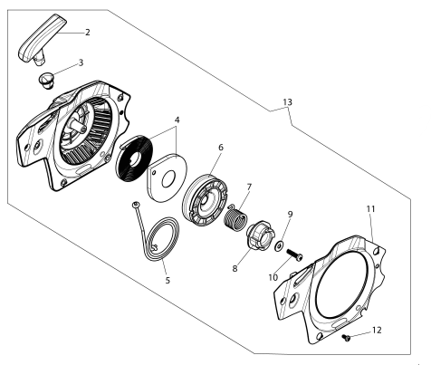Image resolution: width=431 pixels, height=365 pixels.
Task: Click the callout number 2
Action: [x=87, y=33]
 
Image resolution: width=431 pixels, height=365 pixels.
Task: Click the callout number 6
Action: [x=220, y=148]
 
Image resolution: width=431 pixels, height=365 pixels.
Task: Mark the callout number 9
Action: [x=290, y=215]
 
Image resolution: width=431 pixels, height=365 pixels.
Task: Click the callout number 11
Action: [x=370, y=208]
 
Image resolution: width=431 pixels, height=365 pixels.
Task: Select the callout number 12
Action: [x=377, y=331]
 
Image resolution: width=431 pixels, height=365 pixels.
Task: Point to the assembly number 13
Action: [x=287, y=103]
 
